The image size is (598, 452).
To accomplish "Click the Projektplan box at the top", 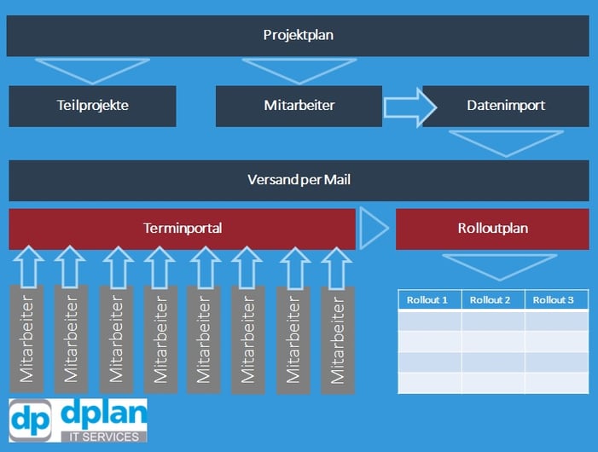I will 298,35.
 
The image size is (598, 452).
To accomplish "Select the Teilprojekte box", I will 92,106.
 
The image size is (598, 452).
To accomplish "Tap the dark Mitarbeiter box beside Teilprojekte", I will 299,106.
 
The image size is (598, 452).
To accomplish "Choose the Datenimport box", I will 506,106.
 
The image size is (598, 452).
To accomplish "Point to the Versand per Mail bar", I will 299,180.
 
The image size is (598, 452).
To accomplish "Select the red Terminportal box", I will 182,229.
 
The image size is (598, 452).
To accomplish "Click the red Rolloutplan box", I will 492,229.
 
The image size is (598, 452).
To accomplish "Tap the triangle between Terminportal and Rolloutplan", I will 374,228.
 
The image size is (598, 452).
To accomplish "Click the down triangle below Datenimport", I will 506,142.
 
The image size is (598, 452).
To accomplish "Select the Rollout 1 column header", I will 429,300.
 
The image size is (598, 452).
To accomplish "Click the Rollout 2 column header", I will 493,300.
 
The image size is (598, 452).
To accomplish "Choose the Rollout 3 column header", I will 556,300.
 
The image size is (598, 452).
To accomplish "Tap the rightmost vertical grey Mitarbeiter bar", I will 338,339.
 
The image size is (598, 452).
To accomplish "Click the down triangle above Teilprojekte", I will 92,69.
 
